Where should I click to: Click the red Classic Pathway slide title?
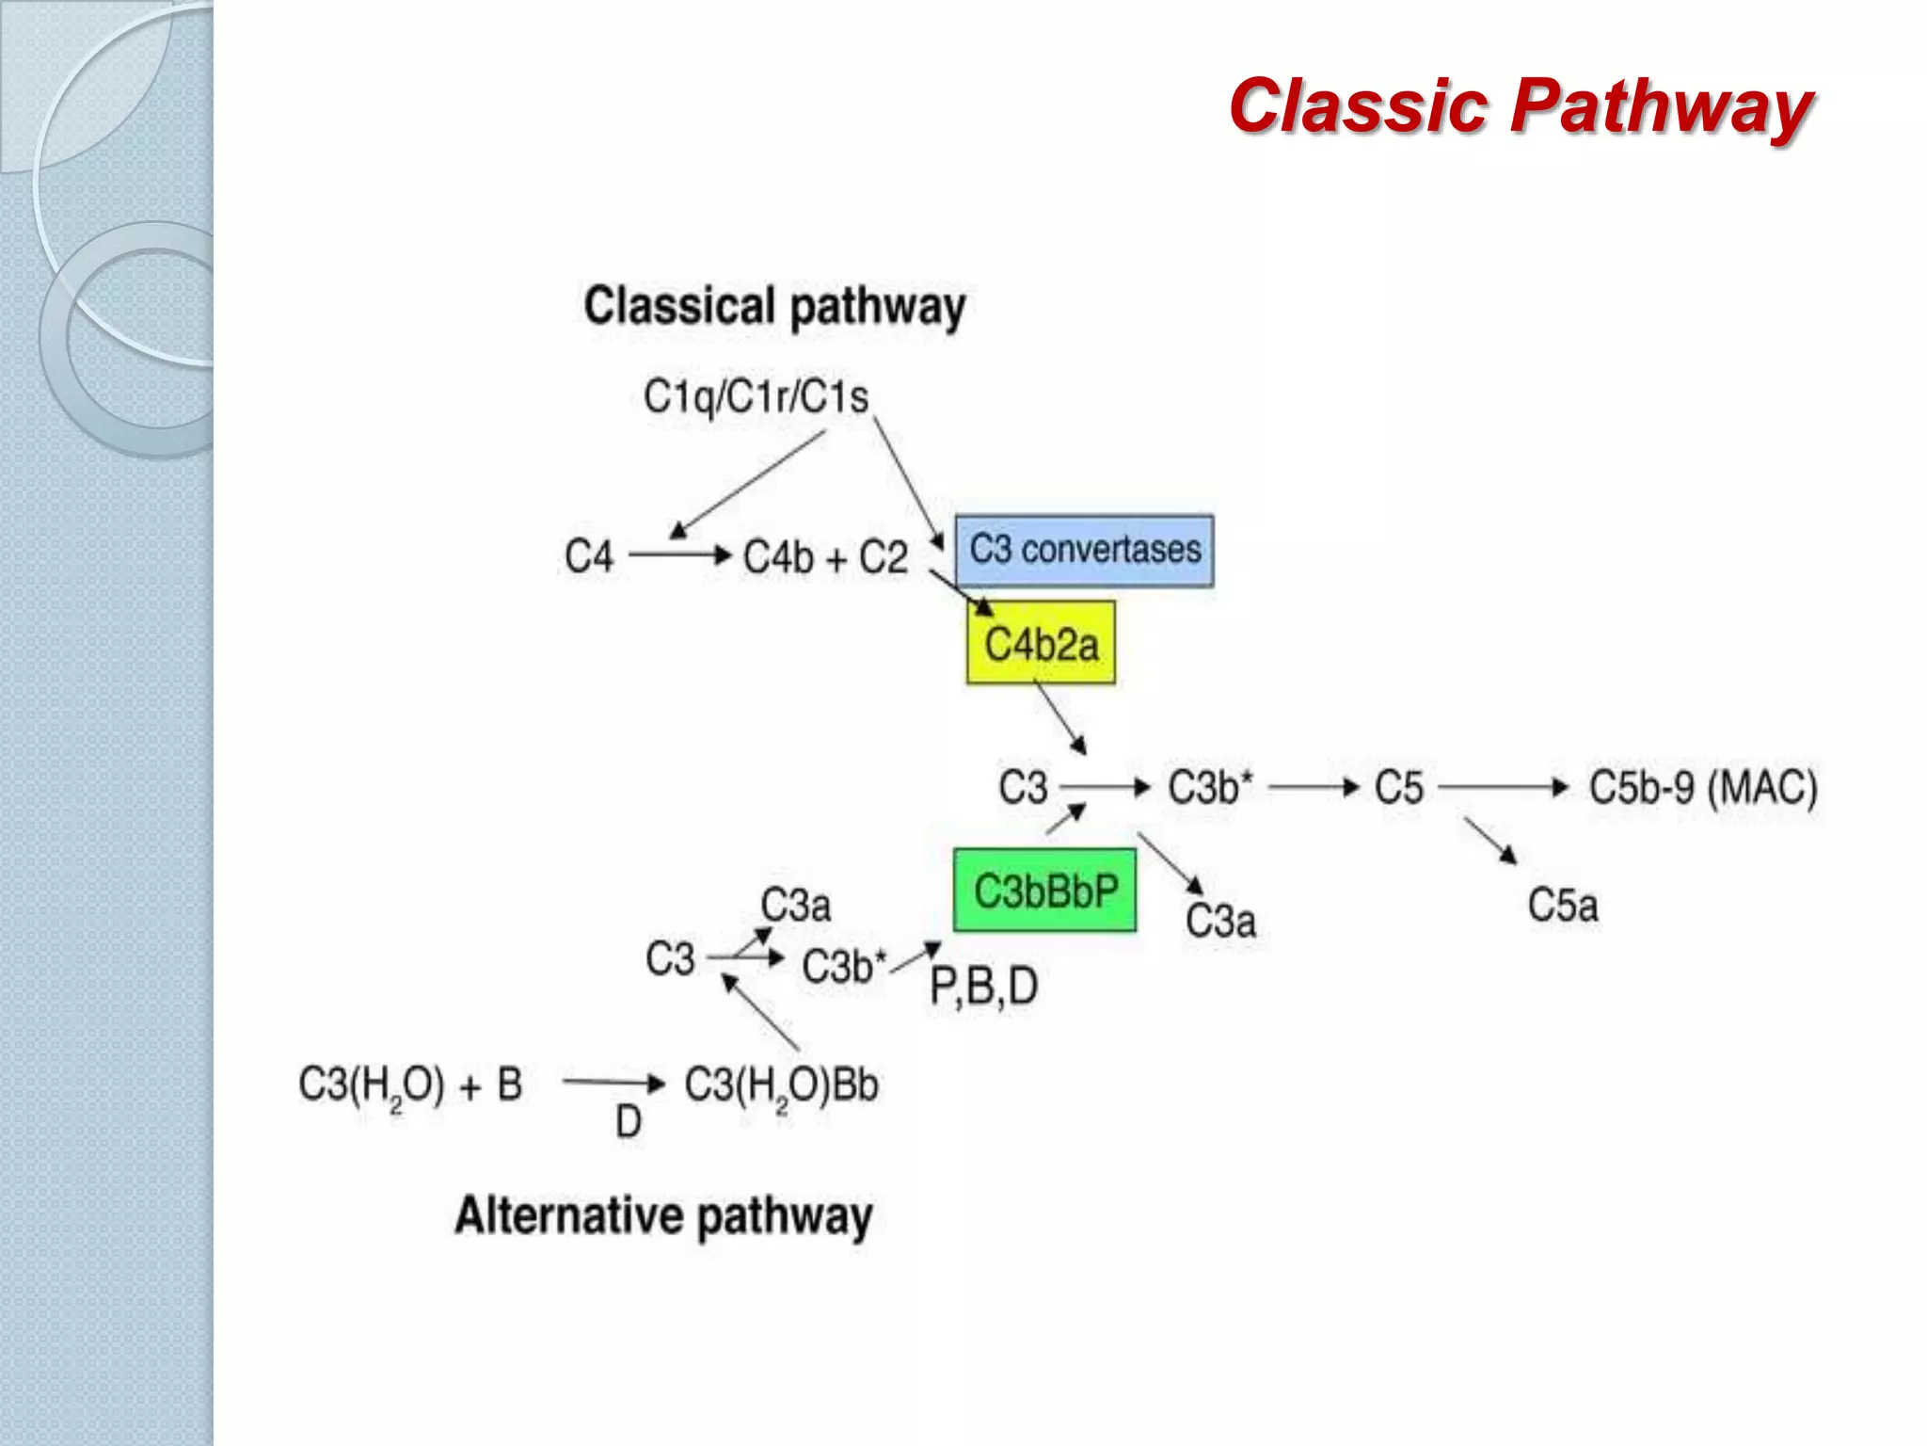pos(1521,105)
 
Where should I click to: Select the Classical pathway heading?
pos(774,306)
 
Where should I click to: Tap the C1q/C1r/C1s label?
pos(756,396)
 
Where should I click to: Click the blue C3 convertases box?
pos(1084,551)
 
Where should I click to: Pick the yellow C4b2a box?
pos(1041,644)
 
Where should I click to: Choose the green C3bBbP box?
pos(1044,891)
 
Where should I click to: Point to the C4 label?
pos(589,556)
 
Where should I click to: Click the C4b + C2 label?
pos(825,557)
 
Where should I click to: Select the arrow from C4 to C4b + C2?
pos(679,555)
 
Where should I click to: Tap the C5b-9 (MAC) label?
pos(1703,787)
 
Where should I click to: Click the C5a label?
pos(1562,906)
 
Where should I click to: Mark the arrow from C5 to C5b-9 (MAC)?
pos(1503,787)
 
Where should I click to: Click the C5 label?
pos(1398,787)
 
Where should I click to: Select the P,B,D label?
pos(983,987)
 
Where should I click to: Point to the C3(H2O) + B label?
pos(410,1084)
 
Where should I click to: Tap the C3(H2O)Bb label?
pos(781,1085)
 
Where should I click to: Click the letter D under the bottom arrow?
pos(628,1122)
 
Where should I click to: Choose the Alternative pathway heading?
pos(663,1215)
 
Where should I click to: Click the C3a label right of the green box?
pos(1220,921)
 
